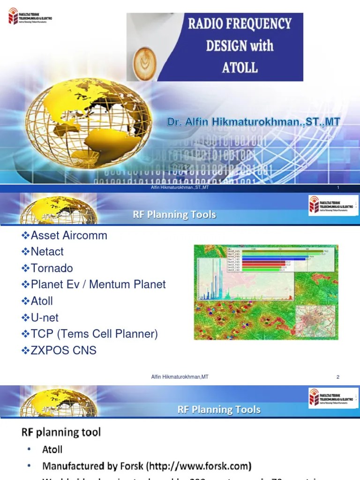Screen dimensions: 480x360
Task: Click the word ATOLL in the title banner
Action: (x=240, y=67)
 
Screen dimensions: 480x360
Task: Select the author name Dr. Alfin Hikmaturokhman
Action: (x=254, y=123)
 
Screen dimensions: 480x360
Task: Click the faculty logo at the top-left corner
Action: (x=30, y=18)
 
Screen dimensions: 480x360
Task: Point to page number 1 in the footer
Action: (x=338, y=188)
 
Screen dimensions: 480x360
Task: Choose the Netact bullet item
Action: (x=47, y=252)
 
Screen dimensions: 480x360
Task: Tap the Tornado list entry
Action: (x=52, y=268)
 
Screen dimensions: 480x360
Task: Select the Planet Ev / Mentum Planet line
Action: (x=98, y=285)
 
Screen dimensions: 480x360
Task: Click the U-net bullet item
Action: (x=45, y=317)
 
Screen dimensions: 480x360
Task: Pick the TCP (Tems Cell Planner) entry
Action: (x=94, y=334)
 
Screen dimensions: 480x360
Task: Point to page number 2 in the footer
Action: (x=337, y=377)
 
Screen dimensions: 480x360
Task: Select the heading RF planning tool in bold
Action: (x=61, y=432)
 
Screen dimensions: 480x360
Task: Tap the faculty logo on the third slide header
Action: (x=331, y=398)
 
